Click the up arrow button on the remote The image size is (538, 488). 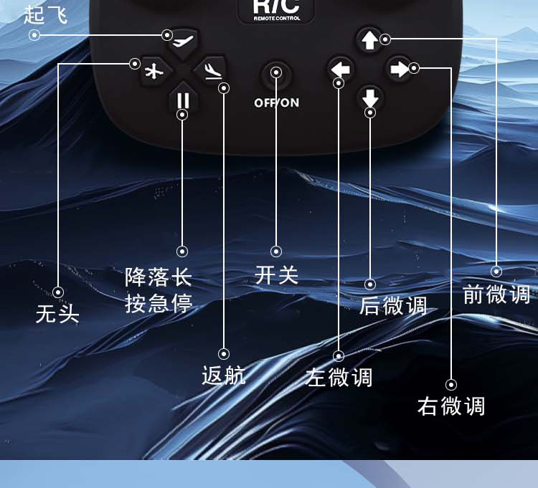[369, 40]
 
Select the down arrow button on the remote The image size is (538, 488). [370, 97]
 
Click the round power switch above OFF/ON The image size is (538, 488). [276, 73]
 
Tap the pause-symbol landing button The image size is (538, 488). [183, 100]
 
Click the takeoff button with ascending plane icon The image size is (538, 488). [183, 42]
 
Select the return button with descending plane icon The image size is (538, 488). [212, 70]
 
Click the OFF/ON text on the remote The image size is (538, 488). [276, 102]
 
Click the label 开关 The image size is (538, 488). [276, 274]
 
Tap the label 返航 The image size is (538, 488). [224, 375]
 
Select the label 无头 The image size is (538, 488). [57, 313]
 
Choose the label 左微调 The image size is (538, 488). [339, 377]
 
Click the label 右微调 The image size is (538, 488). [451, 406]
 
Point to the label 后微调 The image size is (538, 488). [393, 306]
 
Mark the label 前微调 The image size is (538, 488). [496, 294]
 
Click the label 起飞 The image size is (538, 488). [46, 14]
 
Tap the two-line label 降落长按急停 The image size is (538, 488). [159, 290]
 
